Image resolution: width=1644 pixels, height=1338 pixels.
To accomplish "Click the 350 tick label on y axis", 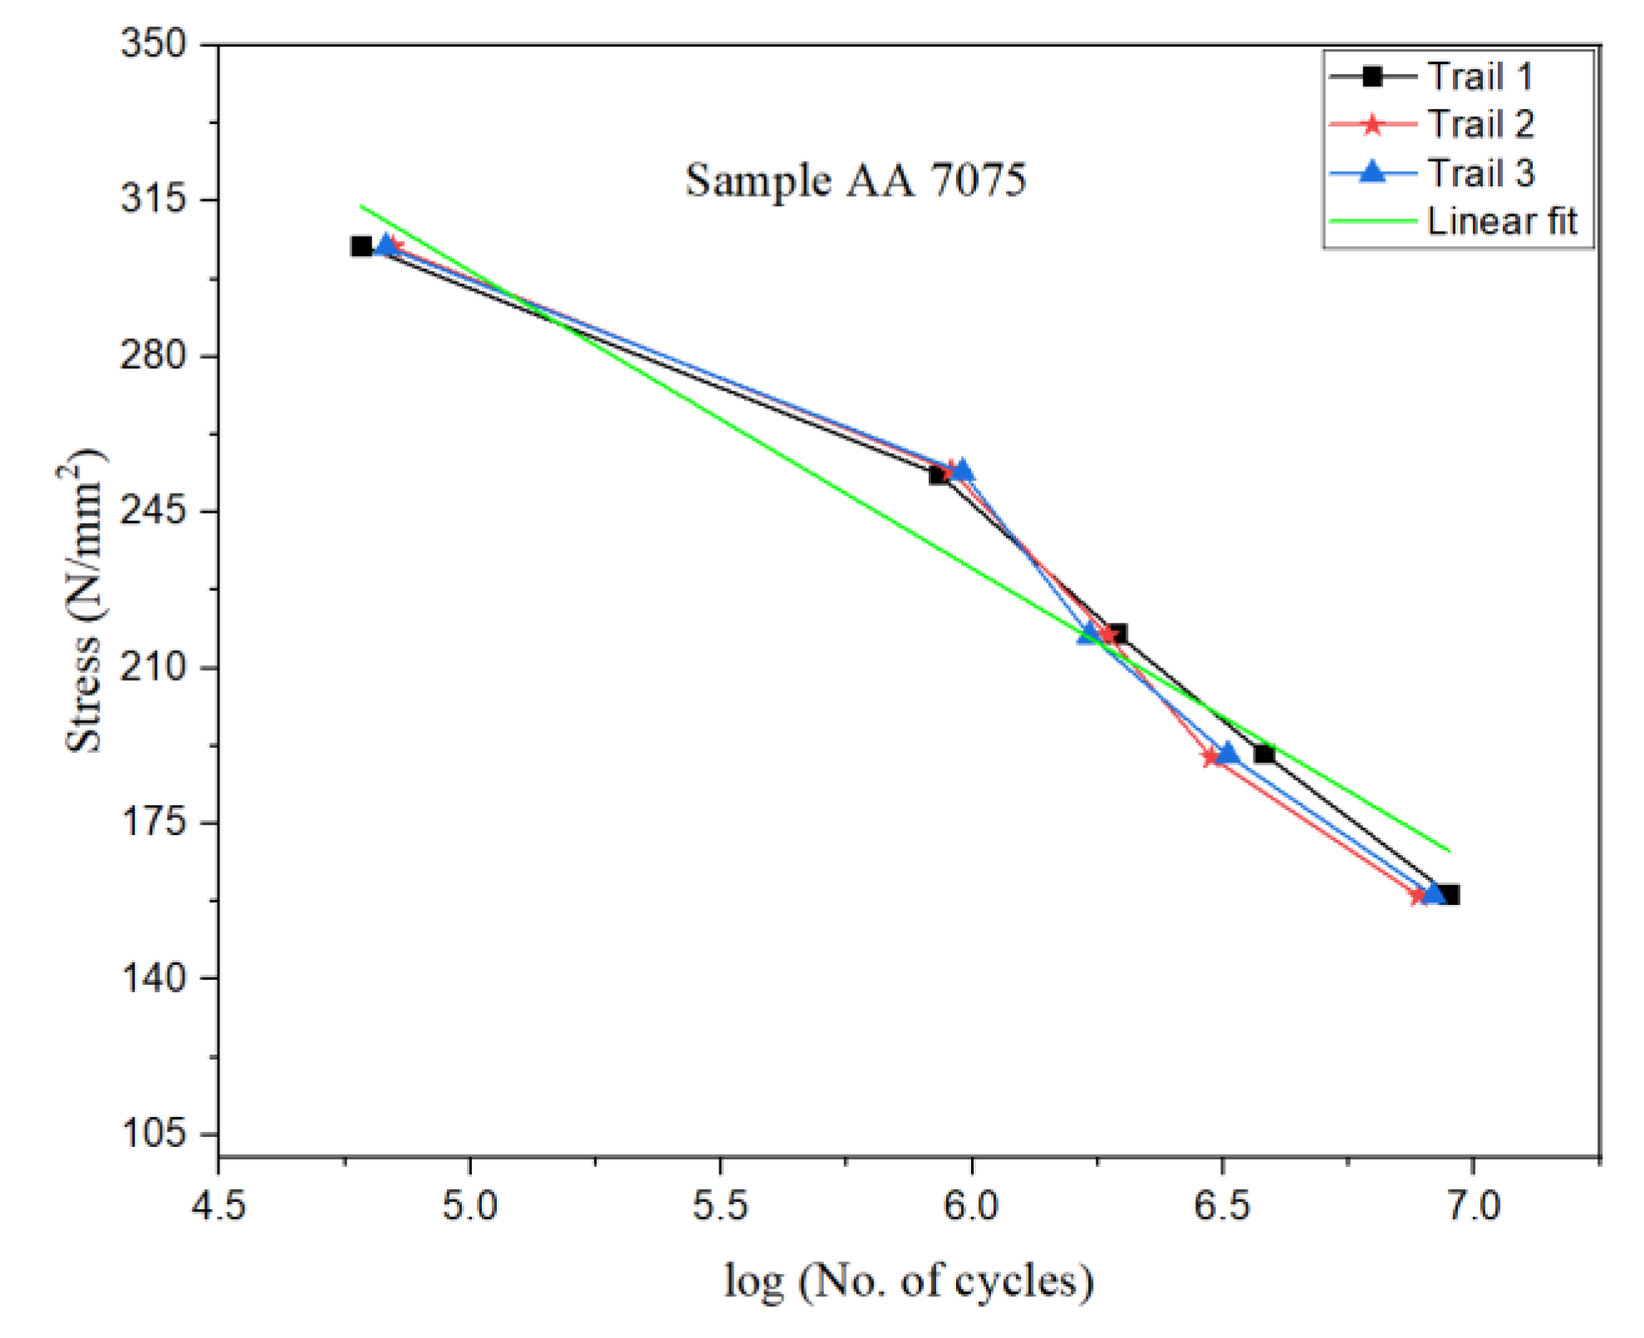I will tap(155, 43).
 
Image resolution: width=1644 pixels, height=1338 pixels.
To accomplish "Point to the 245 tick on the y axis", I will tap(155, 511).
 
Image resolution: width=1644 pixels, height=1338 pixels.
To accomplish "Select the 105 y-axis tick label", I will tap(155, 1133).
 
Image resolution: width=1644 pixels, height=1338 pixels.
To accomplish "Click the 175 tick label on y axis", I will tap(155, 822).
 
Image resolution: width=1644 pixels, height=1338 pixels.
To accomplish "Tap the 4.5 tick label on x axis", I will tap(218, 1205).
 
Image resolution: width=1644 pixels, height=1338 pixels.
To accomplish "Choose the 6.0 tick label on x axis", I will tap(971, 1205).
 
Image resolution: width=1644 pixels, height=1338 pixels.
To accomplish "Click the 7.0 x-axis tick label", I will tap(1473, 1205).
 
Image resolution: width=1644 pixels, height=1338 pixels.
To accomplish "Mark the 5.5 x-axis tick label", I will tap(720, 1205).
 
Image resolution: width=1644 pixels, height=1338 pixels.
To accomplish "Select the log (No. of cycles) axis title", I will tap(908, 1281).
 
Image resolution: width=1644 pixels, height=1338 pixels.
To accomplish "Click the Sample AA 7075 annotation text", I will tap(856, 180).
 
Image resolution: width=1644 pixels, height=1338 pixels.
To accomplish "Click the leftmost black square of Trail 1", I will tap(361, 247).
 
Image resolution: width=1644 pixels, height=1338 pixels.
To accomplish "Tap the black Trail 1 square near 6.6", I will tap(1264, 754).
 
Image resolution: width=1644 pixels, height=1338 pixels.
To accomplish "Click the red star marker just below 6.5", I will tap(1211, 756).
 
